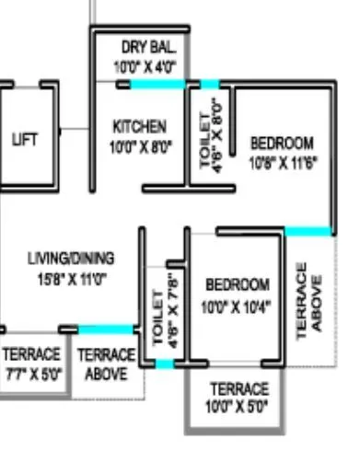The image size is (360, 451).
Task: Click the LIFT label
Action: click(x=27, y=139)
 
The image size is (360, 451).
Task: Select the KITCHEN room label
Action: click(x=140, y=126)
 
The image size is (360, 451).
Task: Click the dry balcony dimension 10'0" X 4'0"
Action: click(x=145, y=66)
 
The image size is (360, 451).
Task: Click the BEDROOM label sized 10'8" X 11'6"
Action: click(x=282, y=144)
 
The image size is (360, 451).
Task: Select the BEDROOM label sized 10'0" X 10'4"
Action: click(x=238, y=284)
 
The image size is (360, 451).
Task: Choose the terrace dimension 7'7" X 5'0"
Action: click(x=31, y=374)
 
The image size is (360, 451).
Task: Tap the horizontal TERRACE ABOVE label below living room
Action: click(x=106, y=364)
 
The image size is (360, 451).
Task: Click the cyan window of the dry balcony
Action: click(x=157, y=85)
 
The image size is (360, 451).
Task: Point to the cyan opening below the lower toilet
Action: click(x=165, y=364)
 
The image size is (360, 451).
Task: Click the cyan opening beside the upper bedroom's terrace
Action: click(x=308, y=230)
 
